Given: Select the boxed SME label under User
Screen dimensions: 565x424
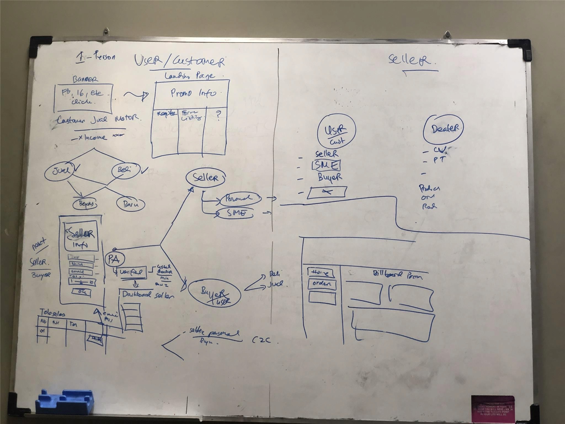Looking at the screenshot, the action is [326, 165].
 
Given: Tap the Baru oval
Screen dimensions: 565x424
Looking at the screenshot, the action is [131, 205].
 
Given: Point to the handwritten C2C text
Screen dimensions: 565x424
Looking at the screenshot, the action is [261, 340].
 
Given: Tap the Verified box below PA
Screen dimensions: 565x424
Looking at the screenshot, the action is [131, 272].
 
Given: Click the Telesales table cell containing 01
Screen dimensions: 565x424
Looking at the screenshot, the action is [43, 331].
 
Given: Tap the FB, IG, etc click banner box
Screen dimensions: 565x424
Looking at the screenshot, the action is [83, 98].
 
